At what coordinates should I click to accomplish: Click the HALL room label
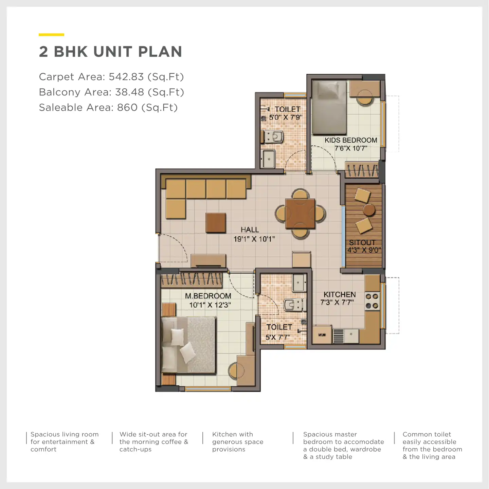[x=250, y=230]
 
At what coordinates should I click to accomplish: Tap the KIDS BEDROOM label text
[x=351, y=140]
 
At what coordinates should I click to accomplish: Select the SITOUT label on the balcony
[x=362, y=242]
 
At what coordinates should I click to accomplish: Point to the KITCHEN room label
[x=340, y=295]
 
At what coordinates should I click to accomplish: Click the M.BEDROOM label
[x=208, y=296]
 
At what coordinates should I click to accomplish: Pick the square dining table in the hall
[x=300, y=214]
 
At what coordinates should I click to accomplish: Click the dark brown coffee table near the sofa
[x=216, y=222]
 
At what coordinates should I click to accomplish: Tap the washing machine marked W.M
[x=322, y=335]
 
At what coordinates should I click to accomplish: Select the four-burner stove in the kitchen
[x=372, y=301]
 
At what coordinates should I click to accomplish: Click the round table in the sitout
[x=369, y=210]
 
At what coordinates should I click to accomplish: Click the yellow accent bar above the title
[x=52, y=35]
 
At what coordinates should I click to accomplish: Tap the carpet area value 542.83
[x=126, y=77]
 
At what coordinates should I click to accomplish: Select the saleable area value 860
[x=127, y=107]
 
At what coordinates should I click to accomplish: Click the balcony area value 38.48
[x=129, y=92]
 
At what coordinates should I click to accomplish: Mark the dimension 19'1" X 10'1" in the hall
[x=254, y=239]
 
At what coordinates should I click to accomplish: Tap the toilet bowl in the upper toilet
[x=275, y=137]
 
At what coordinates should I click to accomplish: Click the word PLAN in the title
[x=160, y=52]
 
